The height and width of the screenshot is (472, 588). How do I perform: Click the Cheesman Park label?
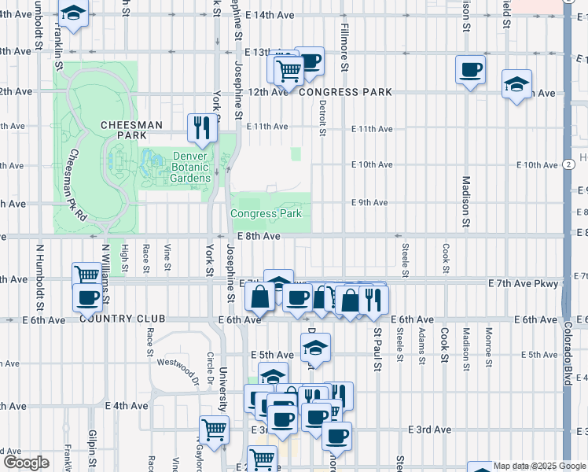130,131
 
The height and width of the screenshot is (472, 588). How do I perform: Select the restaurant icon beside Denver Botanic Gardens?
201,127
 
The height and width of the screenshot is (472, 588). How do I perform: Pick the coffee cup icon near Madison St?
470,69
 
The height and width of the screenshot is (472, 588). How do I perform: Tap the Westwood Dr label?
176,363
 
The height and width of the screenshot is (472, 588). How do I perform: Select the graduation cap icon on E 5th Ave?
315,347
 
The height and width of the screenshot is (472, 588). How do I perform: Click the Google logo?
26,463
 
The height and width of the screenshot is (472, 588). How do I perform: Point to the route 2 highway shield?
568,164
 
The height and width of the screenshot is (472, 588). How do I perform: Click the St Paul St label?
377,348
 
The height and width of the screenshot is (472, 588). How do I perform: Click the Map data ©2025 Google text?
538,466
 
